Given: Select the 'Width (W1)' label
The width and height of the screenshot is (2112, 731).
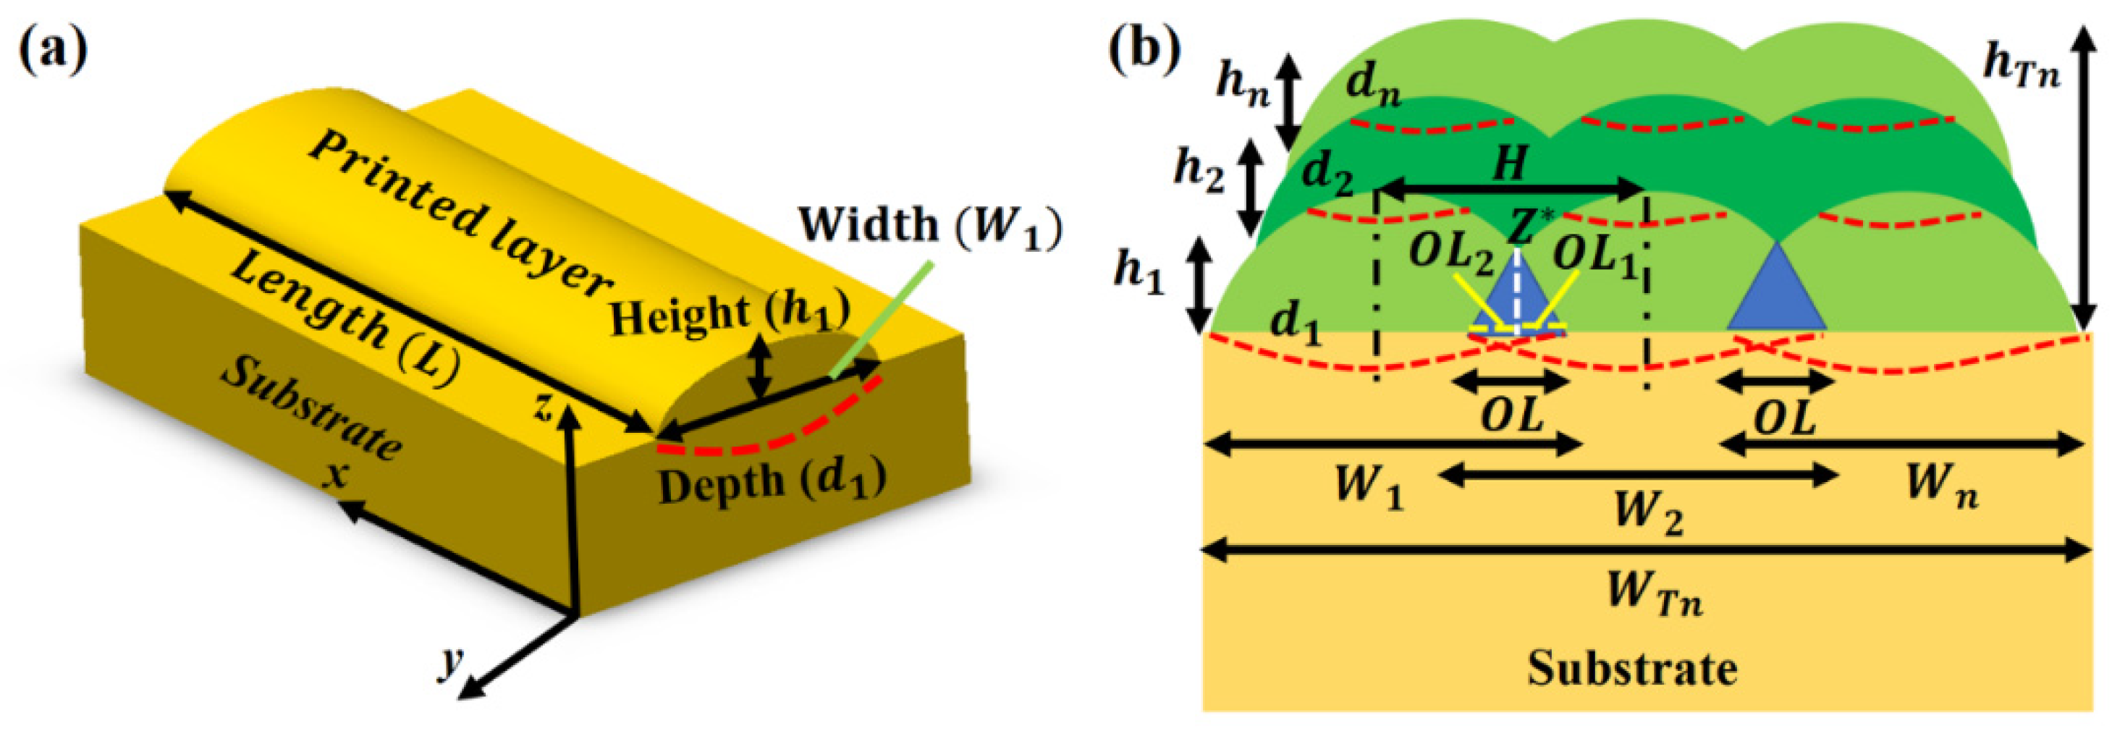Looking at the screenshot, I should point(930,225).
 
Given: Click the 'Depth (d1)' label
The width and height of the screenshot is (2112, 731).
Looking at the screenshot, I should point(772,483).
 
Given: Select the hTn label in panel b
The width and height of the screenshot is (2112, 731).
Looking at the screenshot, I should point(2021,66).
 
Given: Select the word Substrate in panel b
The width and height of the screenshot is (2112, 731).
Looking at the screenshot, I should point(1631,669).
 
